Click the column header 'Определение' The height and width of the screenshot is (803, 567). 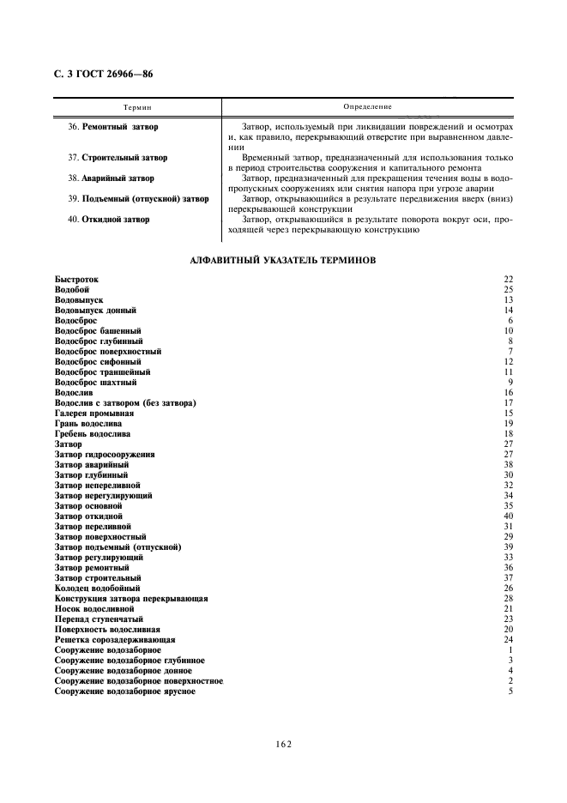(367, 107)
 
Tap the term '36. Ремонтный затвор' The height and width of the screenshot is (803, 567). (112, 127)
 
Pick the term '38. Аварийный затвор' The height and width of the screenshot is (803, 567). (111, 178)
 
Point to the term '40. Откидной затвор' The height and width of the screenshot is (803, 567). (108, 220)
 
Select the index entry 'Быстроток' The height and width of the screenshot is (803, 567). (77, 280)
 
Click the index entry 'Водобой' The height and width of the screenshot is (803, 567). (72, 290)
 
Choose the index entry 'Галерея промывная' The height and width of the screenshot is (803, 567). (94, 414)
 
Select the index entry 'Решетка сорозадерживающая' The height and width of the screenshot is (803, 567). (115, 640)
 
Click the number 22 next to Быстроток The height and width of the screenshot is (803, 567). (508, 280)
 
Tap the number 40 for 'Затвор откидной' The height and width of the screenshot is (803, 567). (508, 516)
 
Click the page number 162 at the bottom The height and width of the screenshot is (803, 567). (285, 745)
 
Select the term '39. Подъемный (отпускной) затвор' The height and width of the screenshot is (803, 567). (138, 199)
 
